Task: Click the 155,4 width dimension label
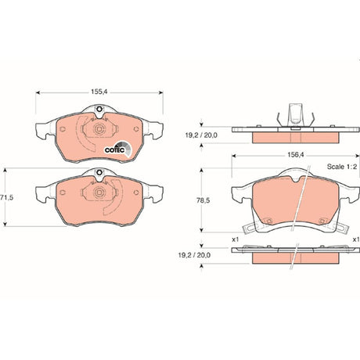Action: point(99,92)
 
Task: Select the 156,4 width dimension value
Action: point(296,155)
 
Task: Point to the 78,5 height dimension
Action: point(203,200)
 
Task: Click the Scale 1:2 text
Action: point(342,167)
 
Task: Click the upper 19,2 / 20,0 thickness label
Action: point(201,135)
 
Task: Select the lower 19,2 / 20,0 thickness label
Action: point(194,255)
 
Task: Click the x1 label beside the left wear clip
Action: point(236,239)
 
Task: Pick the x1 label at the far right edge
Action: point(356,239)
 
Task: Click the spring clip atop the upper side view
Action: point(296,115)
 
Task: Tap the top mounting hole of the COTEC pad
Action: point(99,110)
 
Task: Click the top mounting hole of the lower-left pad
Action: point(99,172)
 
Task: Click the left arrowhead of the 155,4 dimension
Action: point(38,92)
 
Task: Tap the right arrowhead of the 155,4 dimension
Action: point(161,92)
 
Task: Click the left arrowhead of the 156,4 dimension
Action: point(234,156)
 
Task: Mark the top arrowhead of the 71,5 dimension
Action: point(5,171)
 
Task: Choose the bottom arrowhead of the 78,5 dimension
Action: point(201,230)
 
